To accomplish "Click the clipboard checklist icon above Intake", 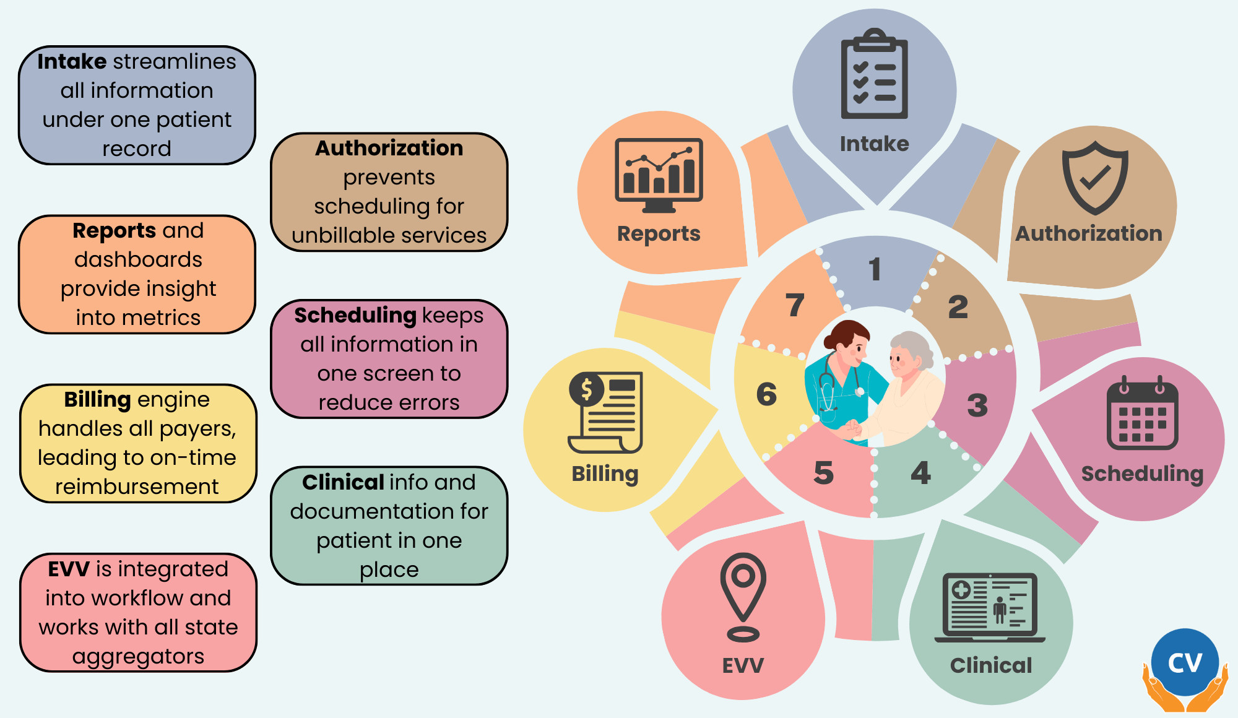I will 874,74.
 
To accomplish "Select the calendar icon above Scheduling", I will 1142,413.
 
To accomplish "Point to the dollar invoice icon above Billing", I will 605,412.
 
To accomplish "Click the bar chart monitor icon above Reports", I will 659,175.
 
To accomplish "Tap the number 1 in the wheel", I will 874,269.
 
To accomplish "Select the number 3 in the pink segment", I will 977,405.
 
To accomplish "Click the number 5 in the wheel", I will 823,473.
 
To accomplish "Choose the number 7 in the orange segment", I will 795,305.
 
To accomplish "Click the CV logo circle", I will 1185,663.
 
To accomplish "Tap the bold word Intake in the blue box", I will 72,61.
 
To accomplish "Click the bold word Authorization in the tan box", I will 389,148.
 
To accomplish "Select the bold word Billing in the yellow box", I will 97,399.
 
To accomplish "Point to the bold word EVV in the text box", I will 69,569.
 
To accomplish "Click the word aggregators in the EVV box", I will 138,656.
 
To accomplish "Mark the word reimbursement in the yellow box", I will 137,487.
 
